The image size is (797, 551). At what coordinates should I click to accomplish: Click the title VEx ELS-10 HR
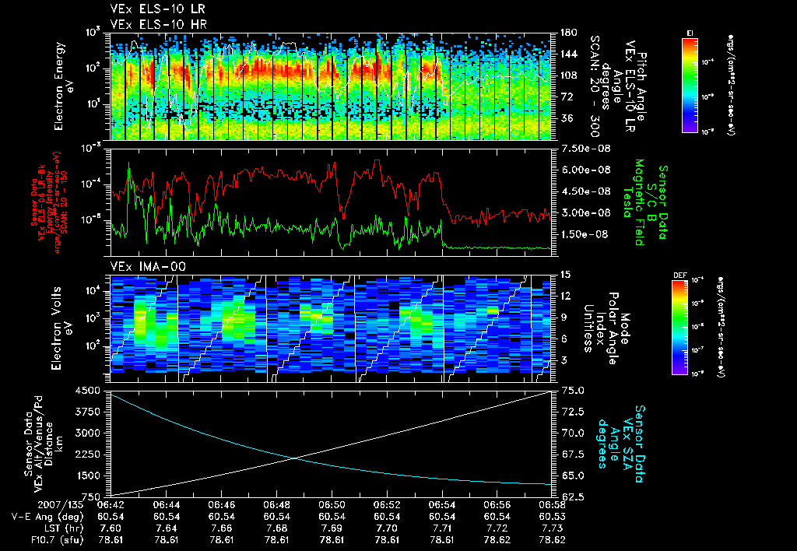152,24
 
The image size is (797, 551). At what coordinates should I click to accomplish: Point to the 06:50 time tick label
332,504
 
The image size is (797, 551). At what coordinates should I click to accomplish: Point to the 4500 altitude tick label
90,390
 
